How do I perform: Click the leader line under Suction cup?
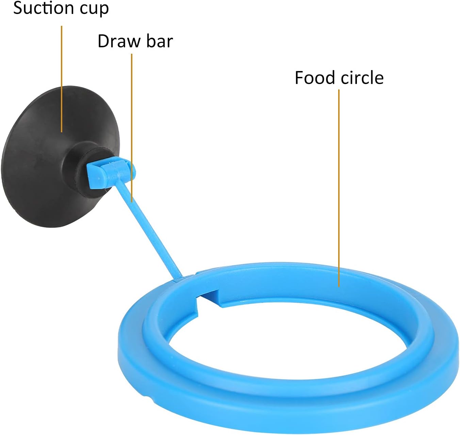[62, 78]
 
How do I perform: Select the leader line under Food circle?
[339, 187]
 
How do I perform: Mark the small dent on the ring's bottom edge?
[147, 396]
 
